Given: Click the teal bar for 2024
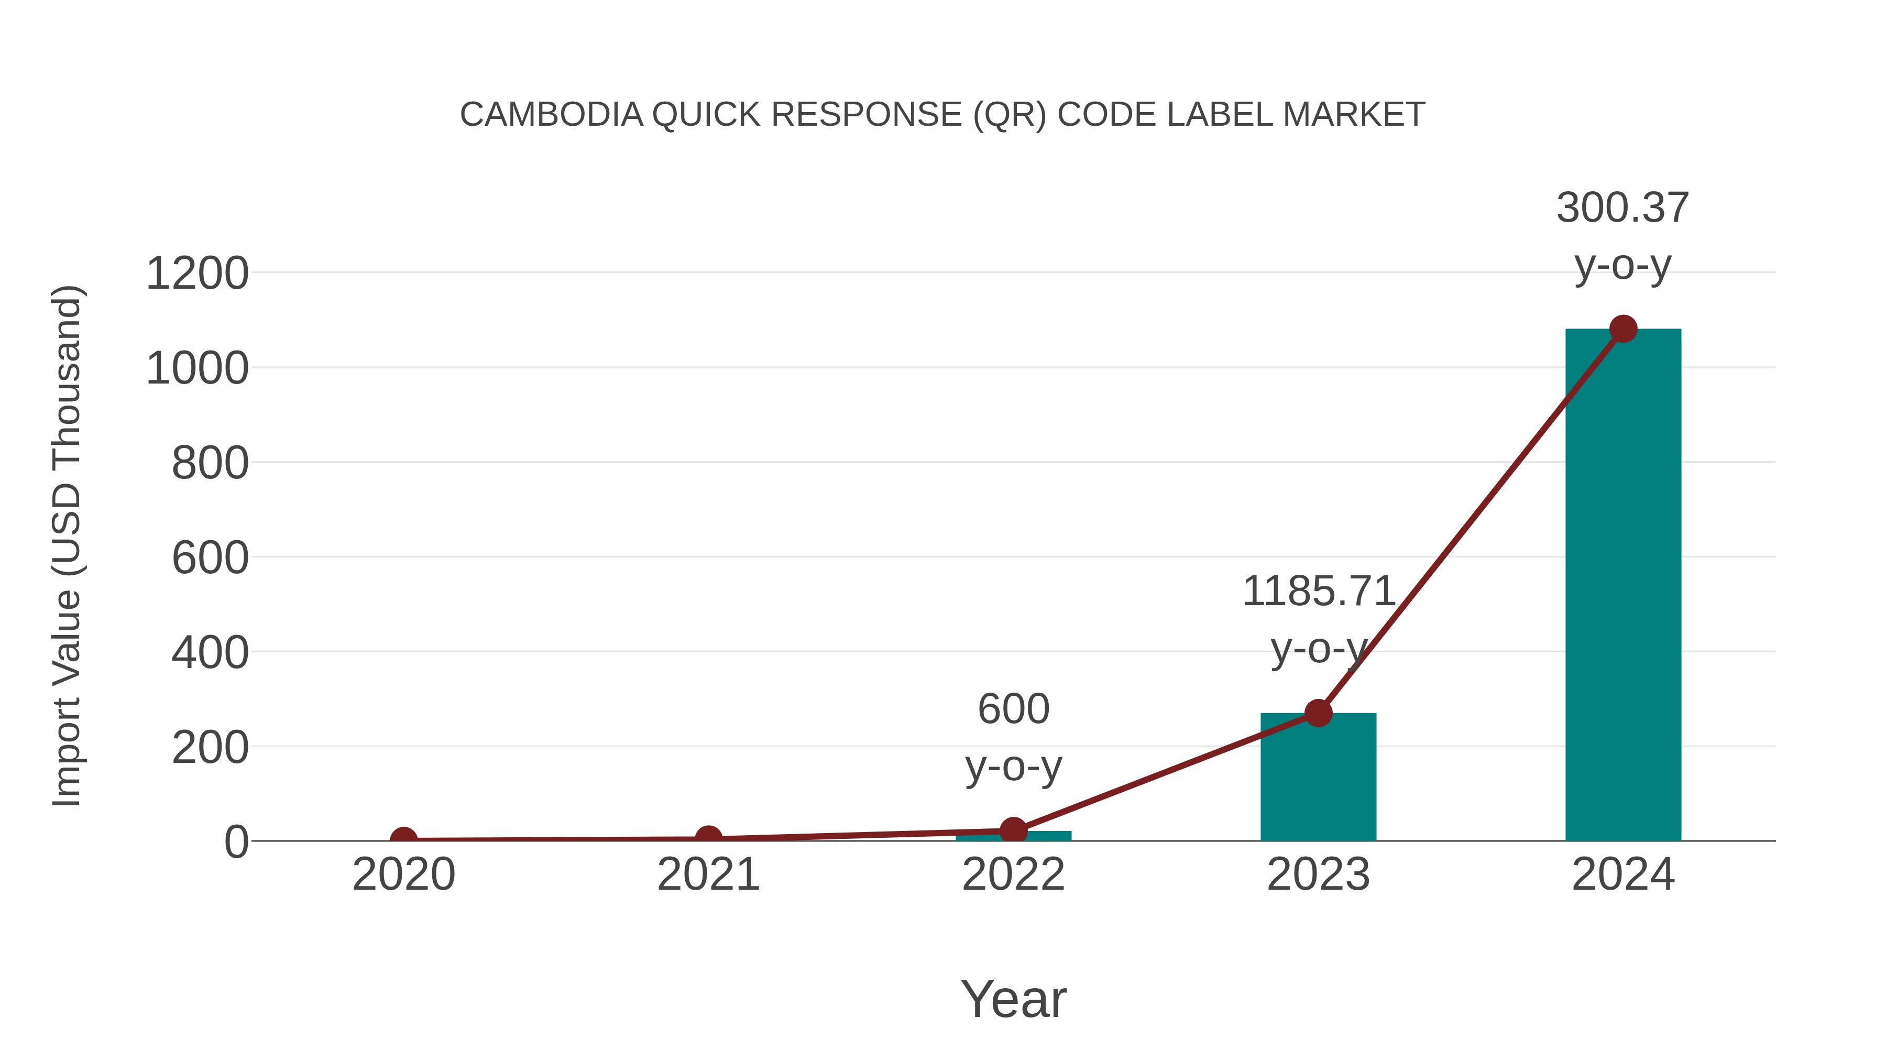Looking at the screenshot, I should (1622, 586).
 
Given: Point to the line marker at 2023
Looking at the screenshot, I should (1318, 713).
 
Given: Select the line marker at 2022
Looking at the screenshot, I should (1013, 831).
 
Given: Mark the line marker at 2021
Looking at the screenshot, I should (708, 838).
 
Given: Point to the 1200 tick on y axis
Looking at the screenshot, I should (197, 274).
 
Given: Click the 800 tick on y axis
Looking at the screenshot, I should (210, 464).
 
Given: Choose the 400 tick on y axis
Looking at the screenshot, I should (210, 653).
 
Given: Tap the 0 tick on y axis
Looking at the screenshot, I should (236, 842).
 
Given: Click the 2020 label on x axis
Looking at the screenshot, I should (403, 875).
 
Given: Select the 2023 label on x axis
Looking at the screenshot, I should (1318, 875).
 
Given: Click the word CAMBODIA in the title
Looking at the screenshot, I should (551, 115).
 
